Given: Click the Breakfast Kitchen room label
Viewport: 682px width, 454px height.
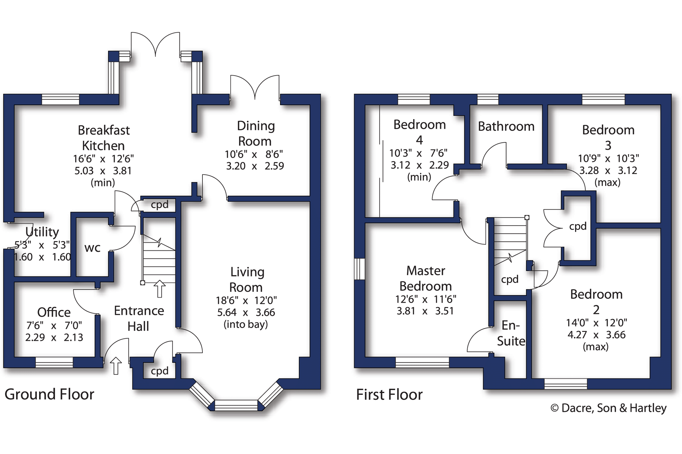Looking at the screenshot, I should coord(103,138).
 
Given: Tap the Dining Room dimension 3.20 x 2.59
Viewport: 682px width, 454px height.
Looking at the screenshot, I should coord(255,166).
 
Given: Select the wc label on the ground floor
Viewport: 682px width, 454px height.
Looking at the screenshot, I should coord(92,248).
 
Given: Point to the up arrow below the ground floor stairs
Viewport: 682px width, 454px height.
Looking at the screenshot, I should coord(159,289).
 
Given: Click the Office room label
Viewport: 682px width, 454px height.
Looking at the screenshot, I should coord(54,312).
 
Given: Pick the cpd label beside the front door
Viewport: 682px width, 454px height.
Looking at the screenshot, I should coord(159,371).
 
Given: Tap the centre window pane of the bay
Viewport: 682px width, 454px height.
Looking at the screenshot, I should coord(236,405).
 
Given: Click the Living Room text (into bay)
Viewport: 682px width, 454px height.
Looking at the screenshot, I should coord(245,325).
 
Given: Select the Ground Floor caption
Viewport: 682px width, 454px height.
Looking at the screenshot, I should coord(49,394).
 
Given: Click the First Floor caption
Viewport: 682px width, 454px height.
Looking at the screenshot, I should coord(389,395).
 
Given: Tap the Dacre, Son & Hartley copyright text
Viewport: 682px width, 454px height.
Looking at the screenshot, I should coord(608,408).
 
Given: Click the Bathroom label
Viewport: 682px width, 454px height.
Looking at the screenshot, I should coord(506,127).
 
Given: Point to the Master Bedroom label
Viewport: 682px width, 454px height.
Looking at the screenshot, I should coord(425,278).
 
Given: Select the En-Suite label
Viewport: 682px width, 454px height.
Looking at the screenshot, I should coord(511,333).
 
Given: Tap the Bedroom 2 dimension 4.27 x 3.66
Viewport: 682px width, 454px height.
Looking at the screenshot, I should coord(596,335).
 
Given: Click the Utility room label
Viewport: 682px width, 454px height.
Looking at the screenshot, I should coord(42,232).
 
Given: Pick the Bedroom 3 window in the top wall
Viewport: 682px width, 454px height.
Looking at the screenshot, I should coord(603,99).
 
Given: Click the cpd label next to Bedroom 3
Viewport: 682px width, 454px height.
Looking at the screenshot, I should coord(578,226).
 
